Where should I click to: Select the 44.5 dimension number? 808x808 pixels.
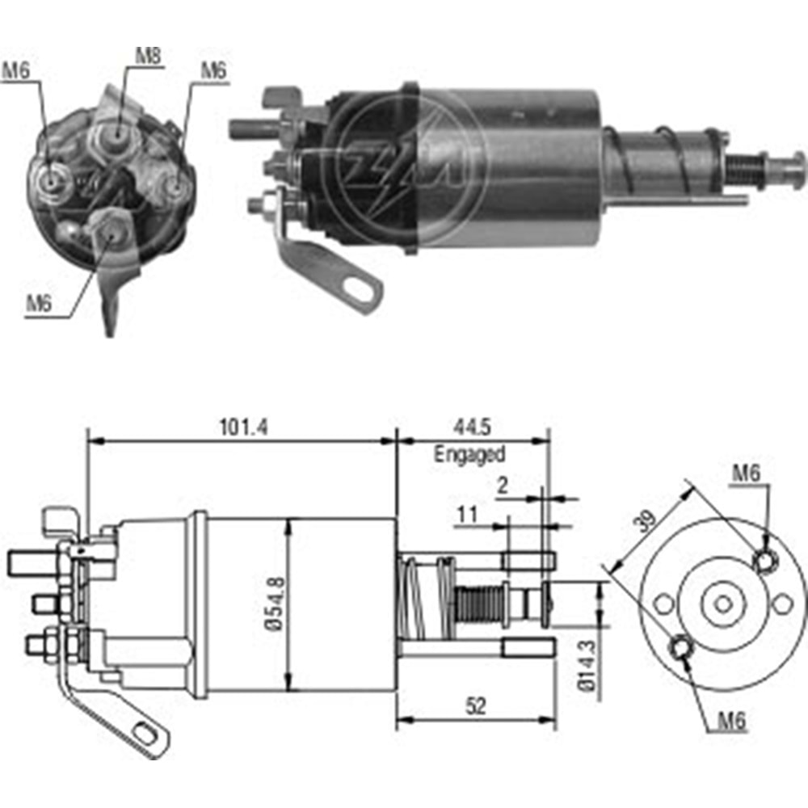coord(473,427)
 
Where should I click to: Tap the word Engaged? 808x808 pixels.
coord(469,454)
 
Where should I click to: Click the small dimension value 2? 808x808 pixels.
coord(503,485)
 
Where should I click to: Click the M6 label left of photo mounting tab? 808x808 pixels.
coord(40,303)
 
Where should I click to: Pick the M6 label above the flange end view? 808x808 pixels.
coord(747,474)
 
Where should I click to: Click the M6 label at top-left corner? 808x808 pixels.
coord(15,71)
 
